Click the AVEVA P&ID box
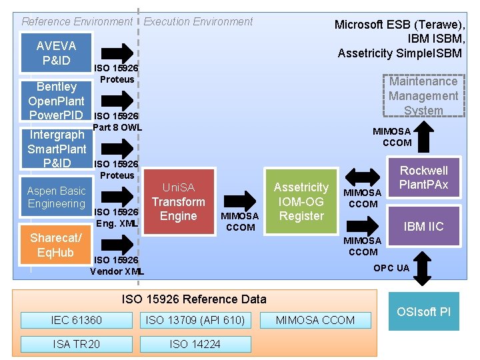point(57,53)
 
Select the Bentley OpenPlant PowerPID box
point(57,101)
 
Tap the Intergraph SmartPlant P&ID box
point(57,149)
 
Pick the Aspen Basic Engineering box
point(57,197)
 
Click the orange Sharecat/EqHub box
point(57,245)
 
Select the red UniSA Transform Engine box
point(178,202)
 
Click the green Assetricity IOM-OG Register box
point(301,201)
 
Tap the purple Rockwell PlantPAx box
point(423,177)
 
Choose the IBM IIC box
point(423,227)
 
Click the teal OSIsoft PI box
point(423,311)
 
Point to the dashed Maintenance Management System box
point(423,95)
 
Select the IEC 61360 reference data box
point(77,320)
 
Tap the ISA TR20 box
point(77,344)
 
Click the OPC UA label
point(391,268)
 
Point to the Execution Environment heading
point(199,21)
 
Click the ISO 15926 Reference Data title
point(193,299)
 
